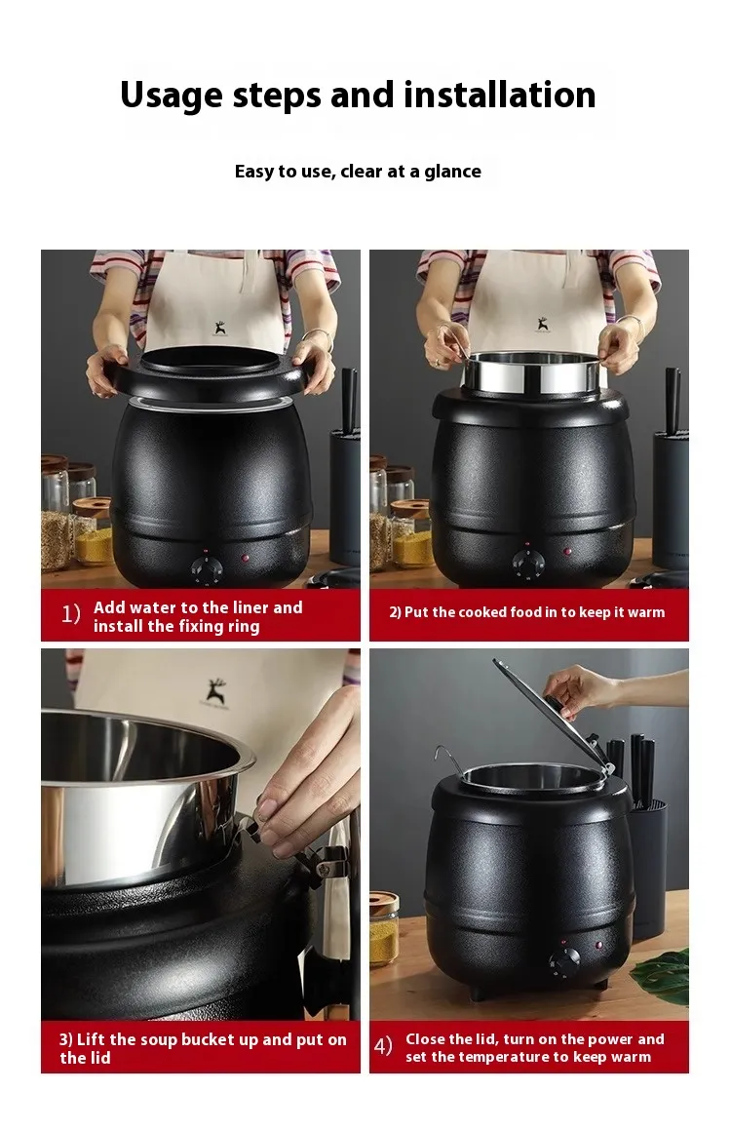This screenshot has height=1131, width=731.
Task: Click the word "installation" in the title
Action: click(500, 95)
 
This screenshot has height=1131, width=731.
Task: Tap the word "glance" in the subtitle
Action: click(452, 172)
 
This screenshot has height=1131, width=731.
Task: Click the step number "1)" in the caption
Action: click(70, 614)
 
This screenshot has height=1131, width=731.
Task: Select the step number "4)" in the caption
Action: click(383, 1046)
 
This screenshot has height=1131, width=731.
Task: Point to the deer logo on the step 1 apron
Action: click(220, 329)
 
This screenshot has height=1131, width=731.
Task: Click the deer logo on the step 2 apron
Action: click(542, 324)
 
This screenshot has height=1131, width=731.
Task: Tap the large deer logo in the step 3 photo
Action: click(215, 691)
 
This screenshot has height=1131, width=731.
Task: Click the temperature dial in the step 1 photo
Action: click(207, 569)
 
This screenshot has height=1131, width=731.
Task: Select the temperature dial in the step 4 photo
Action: click(563, 962)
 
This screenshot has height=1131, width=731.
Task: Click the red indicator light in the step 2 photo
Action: click(568, 552)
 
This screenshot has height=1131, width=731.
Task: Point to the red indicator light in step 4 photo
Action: click(598, 945)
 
